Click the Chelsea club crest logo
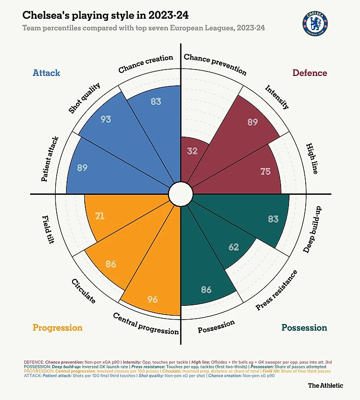coord(315,23)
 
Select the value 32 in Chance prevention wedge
coord(192,151)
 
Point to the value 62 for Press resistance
coord(235,247)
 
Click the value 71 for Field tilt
coord(100,216)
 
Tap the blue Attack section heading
coord(46,73)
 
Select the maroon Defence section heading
coord(310,73)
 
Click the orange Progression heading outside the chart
coord(57,328)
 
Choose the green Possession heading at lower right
coord(304,328)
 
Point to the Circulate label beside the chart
coord(83,291)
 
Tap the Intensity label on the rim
coord(277,97)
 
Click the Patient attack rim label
coord(50,159)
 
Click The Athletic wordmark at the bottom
coord(325,386)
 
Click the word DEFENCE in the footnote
coord(34,362)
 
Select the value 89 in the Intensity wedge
coord(252,122)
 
